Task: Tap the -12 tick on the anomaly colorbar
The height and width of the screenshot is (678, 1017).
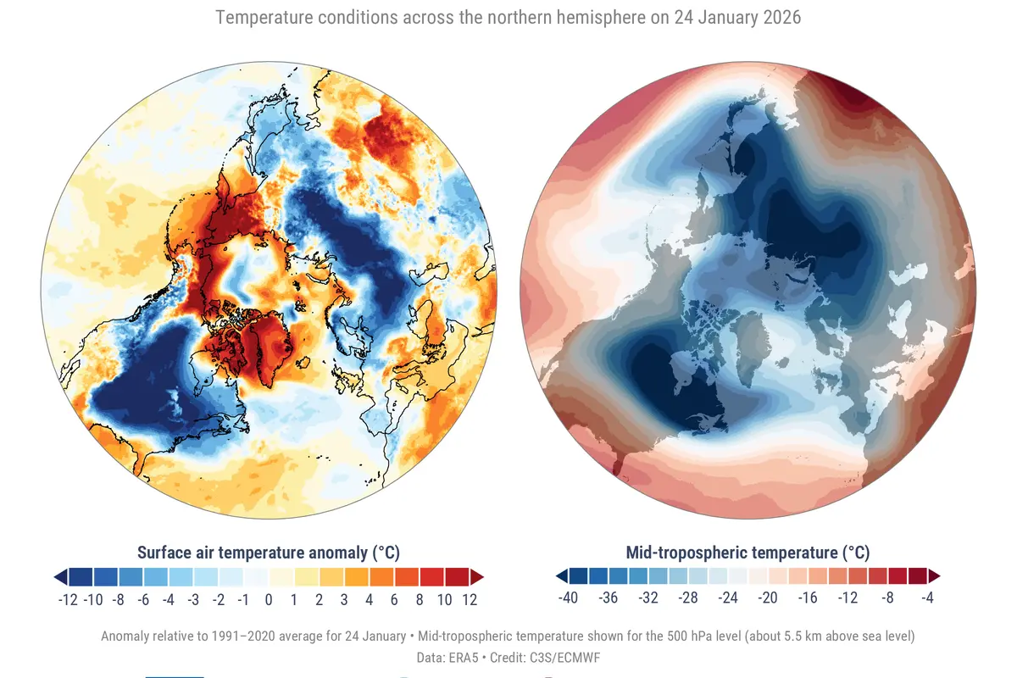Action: [x=68, y=600]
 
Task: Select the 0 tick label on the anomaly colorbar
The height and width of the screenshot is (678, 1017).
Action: [x=269, y=600]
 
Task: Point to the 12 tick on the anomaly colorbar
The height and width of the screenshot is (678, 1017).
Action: [x=470, y=600]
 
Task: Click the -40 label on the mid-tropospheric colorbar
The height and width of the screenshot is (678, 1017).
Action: [x=568, y=597]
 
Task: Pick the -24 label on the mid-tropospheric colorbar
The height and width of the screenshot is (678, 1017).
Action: [x=728, y=597]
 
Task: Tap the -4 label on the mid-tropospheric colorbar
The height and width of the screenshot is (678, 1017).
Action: [x=927, y=597]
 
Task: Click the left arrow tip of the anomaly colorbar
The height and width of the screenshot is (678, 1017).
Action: [x=54, y=577]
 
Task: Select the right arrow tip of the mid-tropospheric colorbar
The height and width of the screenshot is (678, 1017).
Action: [x=940, y=575]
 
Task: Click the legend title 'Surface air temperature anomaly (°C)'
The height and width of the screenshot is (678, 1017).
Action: [x=269, y=553]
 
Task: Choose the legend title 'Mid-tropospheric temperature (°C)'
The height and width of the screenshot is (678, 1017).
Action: [x=747, y=553]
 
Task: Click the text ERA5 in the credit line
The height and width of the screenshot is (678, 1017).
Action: [x=464, y=658]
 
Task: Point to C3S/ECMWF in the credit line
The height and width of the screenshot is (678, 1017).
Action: [x=568, y=658]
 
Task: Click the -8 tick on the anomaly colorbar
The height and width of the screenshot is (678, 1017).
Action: [x=119, y=600]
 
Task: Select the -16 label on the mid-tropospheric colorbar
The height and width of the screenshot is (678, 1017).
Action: [x=808, y=597]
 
